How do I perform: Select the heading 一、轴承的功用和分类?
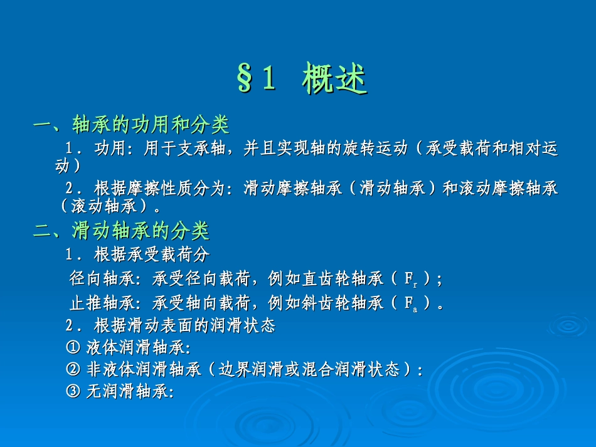131,125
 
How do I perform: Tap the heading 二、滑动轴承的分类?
121,232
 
